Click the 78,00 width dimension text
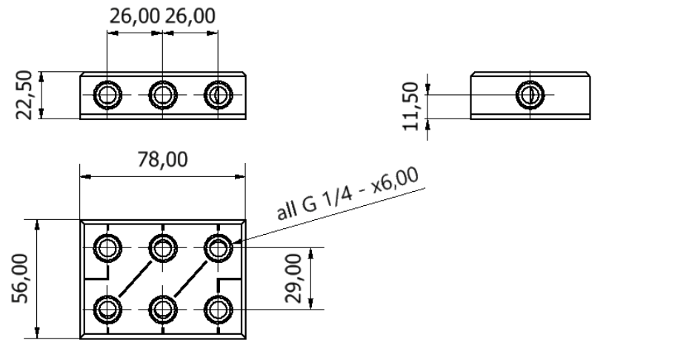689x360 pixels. (x=162, y=159)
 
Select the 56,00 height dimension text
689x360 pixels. (x=20, y=279)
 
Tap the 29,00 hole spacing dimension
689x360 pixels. (x=293, y=279)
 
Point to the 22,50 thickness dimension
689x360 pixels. (x=24, y=95)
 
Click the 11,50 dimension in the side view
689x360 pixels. (x=411, y=107)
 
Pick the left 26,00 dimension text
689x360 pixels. (x=134, y=16)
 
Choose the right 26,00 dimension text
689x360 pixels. (x=190, y=16)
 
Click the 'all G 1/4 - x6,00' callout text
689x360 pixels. (x=348, y=193)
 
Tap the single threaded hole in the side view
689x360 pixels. (x=530, y=95)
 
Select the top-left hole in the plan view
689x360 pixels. (x=107, y=248)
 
